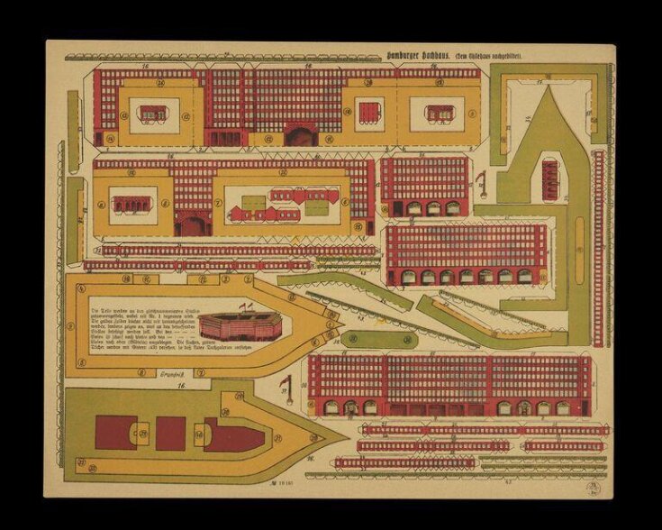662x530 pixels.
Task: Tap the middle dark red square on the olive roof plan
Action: coord(170,434)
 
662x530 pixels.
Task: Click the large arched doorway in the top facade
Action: coord(301,135)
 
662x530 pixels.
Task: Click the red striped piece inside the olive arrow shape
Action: coord(550,176)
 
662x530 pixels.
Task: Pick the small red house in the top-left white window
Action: coord(152,114)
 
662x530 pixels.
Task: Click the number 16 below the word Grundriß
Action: coord(181,386)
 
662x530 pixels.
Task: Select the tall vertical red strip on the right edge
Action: coord(598,248)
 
